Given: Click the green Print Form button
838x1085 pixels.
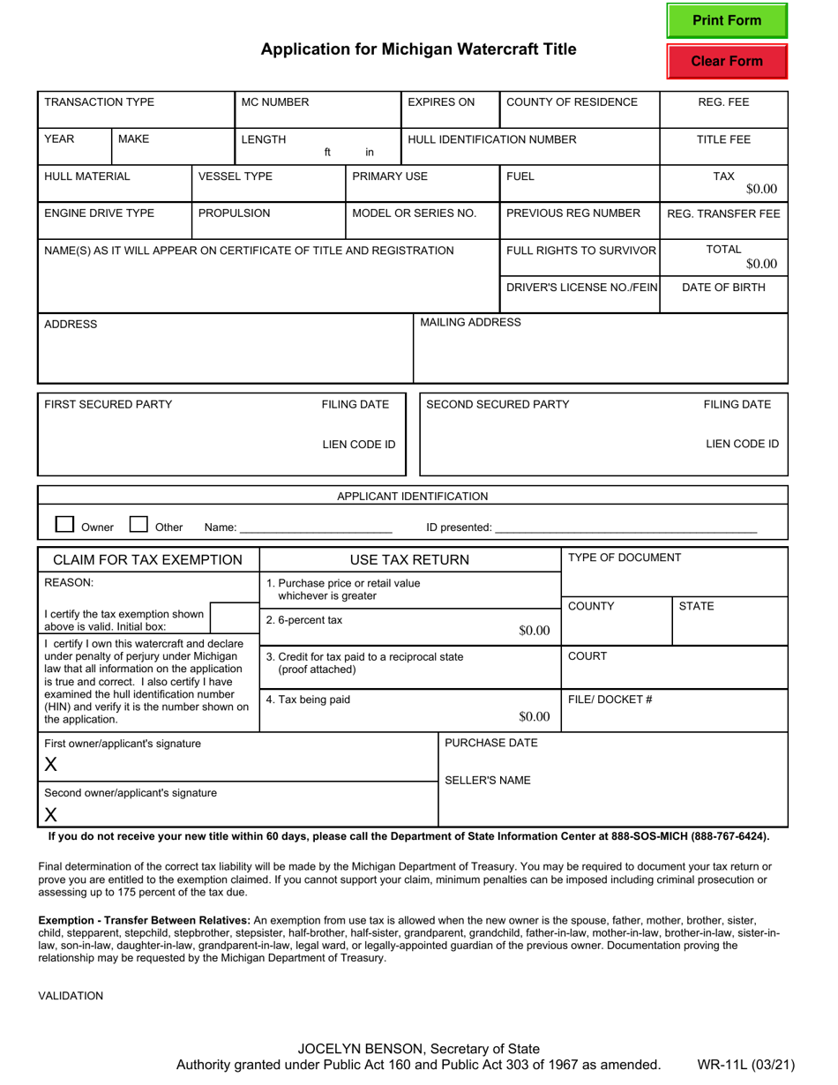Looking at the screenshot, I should [x=726, y=21].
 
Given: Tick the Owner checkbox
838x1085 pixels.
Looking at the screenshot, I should [x=64, y=525].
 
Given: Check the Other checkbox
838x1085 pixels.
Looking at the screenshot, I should [x=138, y=525].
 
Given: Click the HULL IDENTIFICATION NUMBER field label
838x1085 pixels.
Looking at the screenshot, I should [x=491, y=139].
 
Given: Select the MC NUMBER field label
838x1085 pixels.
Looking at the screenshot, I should [x=275, y=102].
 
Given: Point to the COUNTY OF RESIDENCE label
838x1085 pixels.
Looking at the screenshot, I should [x=572, y=102].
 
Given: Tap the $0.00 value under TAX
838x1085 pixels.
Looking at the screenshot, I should [x=761, y=189].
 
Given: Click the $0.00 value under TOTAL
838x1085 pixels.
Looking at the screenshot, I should [x=761, y=264].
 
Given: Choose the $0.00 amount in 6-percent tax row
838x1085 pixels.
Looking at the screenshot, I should [x=534, y=630].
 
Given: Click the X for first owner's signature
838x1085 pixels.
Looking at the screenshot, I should [x=51, y=765].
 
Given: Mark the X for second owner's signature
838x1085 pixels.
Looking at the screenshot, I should [x=51, y=814].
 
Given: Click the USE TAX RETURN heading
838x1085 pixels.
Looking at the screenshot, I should [x=409, y=560].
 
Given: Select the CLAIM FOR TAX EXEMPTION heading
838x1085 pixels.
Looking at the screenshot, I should [x=148, y=560].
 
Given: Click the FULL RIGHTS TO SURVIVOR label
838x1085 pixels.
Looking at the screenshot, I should [x=581, y=251].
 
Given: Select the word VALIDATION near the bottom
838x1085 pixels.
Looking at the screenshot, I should [x=71, y=996].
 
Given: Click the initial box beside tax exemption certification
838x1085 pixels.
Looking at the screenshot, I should [x=234, y=619].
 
